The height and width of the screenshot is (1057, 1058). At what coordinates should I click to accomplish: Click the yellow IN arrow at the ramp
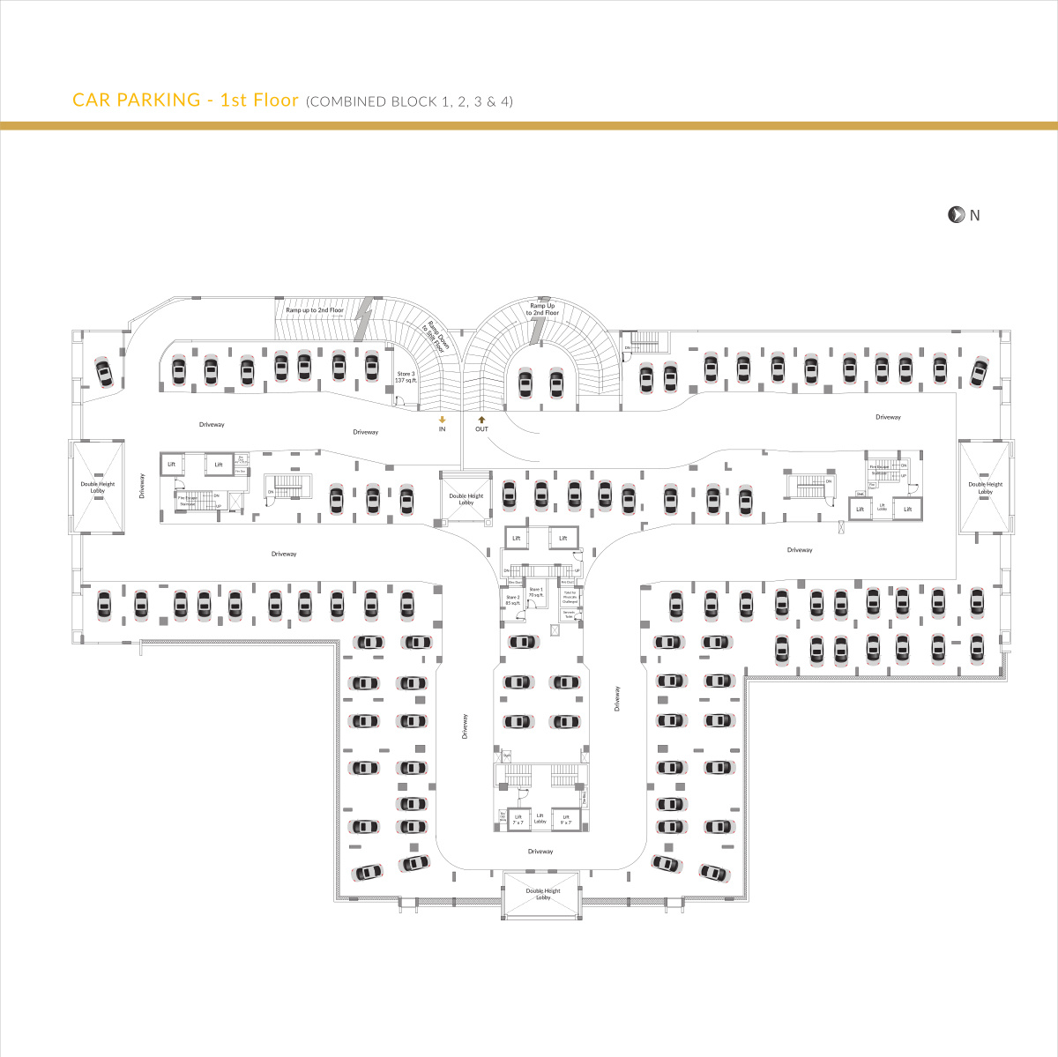pyautogui.click(x=443, y=420)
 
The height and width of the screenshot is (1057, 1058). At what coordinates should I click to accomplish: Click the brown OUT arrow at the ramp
pyautogui.click(x=481, y=420)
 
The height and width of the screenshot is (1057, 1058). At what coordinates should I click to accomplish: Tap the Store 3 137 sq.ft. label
pyautogui.click(x=406, y=376)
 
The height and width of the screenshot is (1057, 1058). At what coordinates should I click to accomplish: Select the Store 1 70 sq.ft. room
pyautogui.click(x=536, y=592)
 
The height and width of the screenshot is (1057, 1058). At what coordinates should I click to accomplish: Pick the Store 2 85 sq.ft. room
pyautogui.click(x=513, y=599)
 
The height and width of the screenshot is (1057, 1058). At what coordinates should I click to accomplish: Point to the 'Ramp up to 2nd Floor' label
pyautogui.click(x=315, y=310)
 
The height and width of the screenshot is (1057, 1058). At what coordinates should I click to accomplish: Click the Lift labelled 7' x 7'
pyautogui.click(x=518, y=820)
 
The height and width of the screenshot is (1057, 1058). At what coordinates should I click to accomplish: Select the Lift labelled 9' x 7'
pyautogui.click(x=565, y=820)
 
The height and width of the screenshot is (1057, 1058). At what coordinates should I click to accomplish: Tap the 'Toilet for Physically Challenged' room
pyautogui.click(x=569, y=597)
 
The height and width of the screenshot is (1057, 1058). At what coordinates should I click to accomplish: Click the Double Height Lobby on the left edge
pyautogui.click(x=97, y=487)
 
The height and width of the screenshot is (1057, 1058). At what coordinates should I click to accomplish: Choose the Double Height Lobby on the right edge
pyautogui.click(x=985, y=487)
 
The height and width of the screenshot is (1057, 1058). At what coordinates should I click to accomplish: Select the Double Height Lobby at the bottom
pyautogui.click(x=542, y=894)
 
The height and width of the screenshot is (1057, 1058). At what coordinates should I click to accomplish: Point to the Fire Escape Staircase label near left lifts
pyautogui.click(x=188, y=500)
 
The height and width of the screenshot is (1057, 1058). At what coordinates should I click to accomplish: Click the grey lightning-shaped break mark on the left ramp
pyautogui.click(x=361, y=319)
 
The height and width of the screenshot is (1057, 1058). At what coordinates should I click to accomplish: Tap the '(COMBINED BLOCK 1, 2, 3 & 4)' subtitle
pyautogui.click(x=409, y=101)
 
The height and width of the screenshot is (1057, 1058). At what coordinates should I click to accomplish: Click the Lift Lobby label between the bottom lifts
pyautogui.click(x=540, y=819)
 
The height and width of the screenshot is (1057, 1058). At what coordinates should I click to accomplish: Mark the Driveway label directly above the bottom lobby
pyautogui.click(x=540, y=852)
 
